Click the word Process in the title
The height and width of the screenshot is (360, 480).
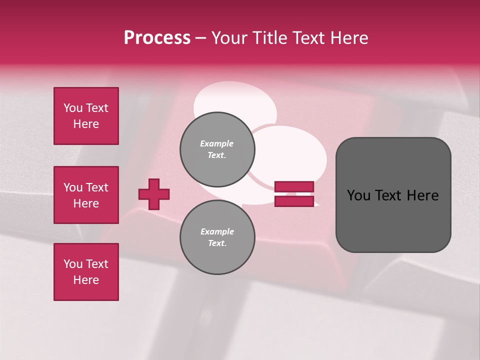[157, 38]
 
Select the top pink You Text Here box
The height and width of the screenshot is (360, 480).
[86, 116]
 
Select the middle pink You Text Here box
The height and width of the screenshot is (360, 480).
[86, 195]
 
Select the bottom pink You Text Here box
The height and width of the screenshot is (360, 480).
[86, 272]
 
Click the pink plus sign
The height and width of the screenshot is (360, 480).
[154, 194]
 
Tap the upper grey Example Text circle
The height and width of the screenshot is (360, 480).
[217, 149]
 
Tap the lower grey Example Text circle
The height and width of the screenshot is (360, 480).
[217, 237]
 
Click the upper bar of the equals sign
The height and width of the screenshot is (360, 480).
[294, 187]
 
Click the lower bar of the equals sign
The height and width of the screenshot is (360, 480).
[294, 201]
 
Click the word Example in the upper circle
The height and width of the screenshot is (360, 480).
[217, 143]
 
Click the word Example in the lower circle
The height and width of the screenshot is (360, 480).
[217, 231]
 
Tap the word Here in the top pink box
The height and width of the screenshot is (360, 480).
[86, 124]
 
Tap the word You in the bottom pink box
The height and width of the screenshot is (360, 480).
[72, 264]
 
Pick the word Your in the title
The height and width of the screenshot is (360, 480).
[228, 38]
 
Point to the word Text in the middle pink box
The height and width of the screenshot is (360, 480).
[97, 187]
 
